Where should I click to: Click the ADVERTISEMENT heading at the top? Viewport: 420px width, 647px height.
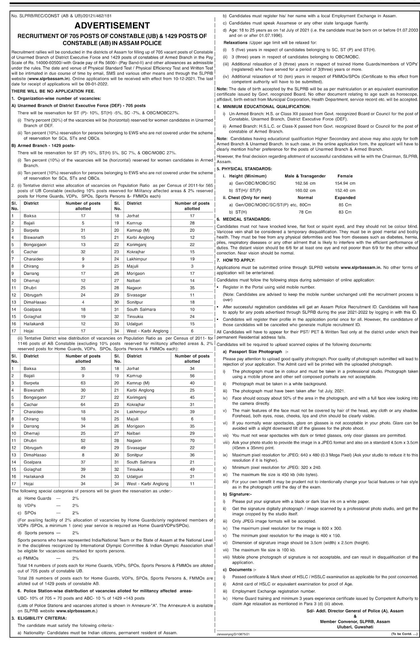(112, 25)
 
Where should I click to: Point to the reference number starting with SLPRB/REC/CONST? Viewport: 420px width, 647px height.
(61, 15)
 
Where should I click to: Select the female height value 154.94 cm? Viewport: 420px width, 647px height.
(345, 183)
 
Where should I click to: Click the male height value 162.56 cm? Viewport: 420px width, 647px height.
(305, 183)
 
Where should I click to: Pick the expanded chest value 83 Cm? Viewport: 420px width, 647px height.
(345, 212)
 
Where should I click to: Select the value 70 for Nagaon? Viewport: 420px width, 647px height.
(192, 440)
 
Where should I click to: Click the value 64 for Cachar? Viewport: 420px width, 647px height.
(83, 404)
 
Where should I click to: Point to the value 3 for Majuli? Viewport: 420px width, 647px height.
(192, 266)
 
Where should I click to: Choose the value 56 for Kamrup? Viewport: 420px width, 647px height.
(192, 376)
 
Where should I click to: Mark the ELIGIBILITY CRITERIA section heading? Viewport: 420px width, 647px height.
(42, 618)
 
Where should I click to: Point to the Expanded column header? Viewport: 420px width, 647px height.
(345, 197)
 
